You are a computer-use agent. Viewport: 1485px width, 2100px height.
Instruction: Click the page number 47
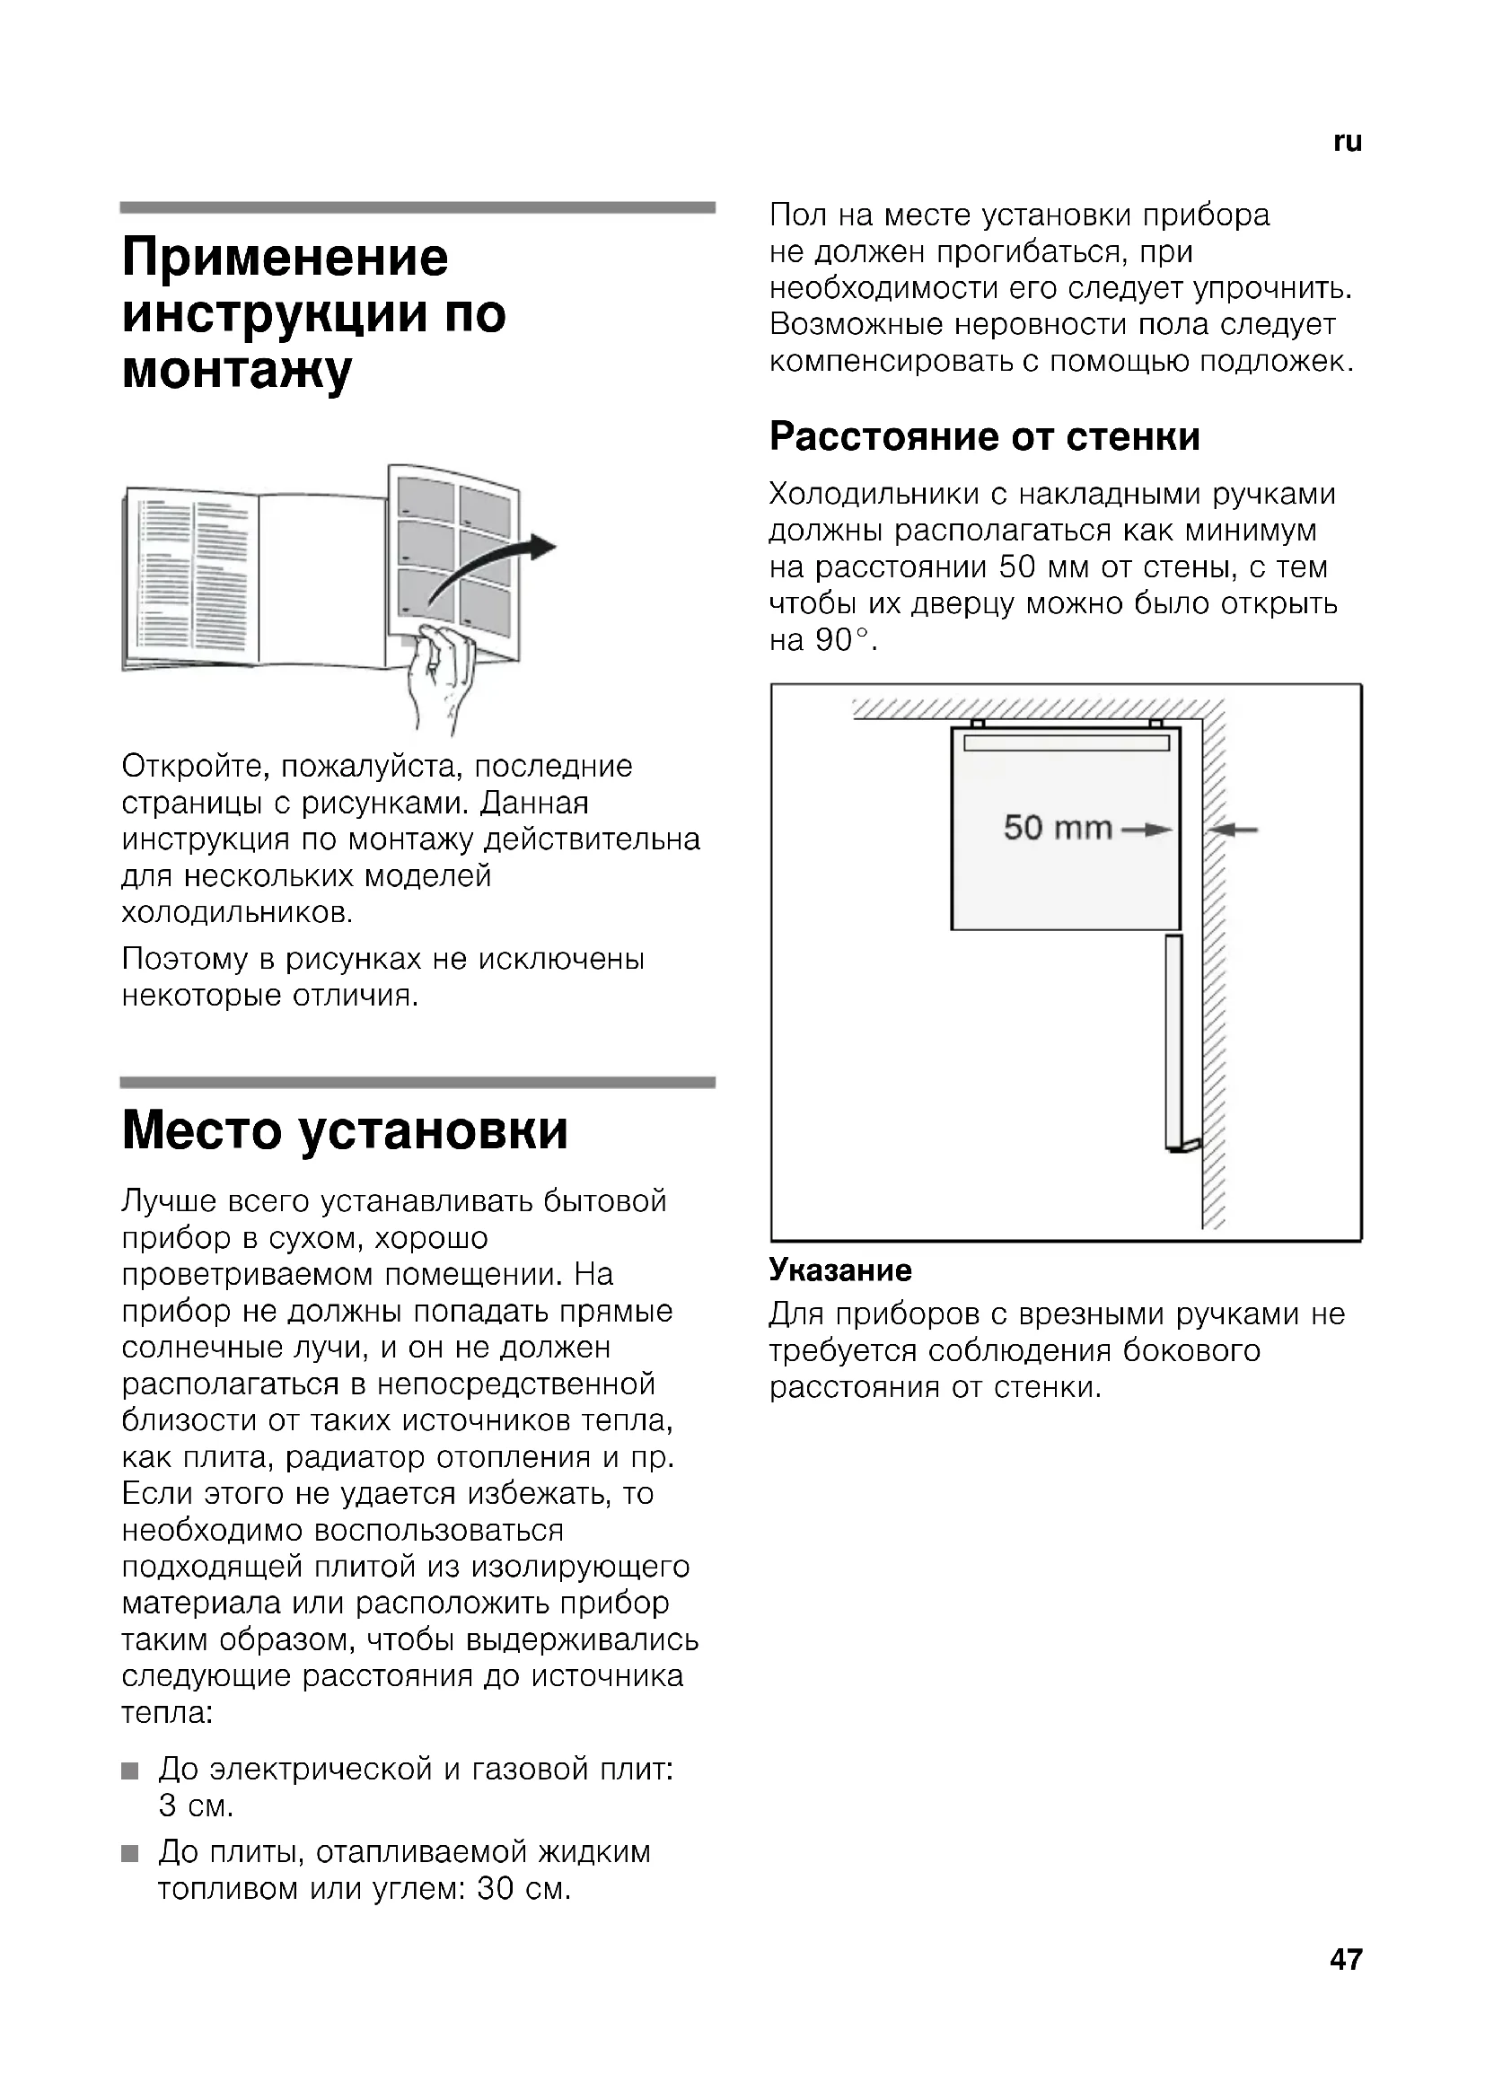[x=1346, y=1959]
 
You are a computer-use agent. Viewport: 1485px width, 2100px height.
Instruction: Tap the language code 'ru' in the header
[x=1347, y=142]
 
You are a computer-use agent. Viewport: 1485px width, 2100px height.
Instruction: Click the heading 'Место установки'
[x=345, y=1130]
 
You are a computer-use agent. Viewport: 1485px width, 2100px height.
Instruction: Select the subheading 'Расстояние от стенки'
[x=984, y=436]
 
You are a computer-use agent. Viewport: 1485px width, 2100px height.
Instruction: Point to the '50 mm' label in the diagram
[x=1057, y=828]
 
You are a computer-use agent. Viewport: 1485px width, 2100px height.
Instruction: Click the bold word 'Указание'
[x=840, y=1270]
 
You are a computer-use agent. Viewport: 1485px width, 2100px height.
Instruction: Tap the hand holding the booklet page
[x=442, y=675]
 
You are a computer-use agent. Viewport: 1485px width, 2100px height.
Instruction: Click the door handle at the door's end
[x=1187, y=1145]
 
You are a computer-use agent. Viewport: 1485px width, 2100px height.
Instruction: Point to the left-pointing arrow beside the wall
[x=1234, y=830]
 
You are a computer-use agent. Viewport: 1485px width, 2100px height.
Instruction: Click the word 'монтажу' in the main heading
[x=237, y=371]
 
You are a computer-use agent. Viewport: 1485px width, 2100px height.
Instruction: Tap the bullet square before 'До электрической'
[x=131, y=1771]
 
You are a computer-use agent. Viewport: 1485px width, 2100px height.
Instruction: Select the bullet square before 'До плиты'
[x=131, y=1854]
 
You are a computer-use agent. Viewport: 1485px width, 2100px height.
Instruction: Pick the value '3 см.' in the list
[x=196, y=1806]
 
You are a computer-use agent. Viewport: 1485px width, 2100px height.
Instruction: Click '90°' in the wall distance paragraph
[x=837, y=640]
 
